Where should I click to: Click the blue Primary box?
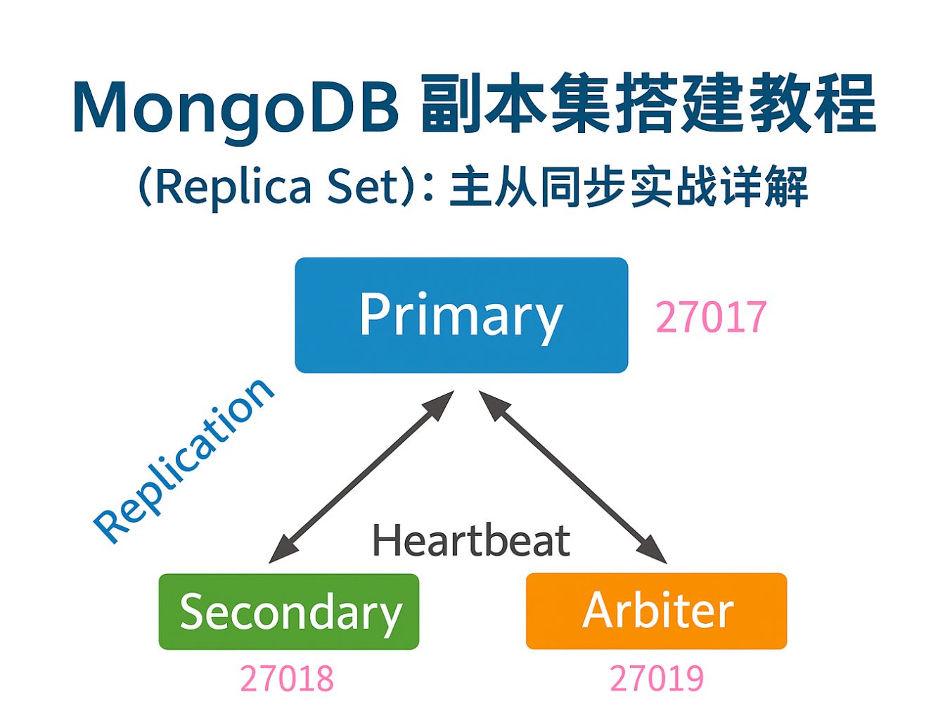(x=461, y=315)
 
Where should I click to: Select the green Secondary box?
(x=289, y=611)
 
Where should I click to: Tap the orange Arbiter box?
(x=656, y=611)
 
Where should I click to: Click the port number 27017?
(x=711, y=317)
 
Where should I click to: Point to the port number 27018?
(x=287, y=679)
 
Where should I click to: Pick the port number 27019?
(x=656, y=679)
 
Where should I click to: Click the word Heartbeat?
(x=470, y=540)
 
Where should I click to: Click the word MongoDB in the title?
(x=236, y=107)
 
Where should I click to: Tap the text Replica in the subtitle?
(x=233, y=187)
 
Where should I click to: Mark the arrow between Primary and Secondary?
(x=361, y=477)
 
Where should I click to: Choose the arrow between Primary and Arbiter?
(x=573, y=477)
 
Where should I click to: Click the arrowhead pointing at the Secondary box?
(x=283, y=550)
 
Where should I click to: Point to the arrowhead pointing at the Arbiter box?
(x=652, y=550)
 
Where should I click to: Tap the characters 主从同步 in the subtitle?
(x=538, y=187)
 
